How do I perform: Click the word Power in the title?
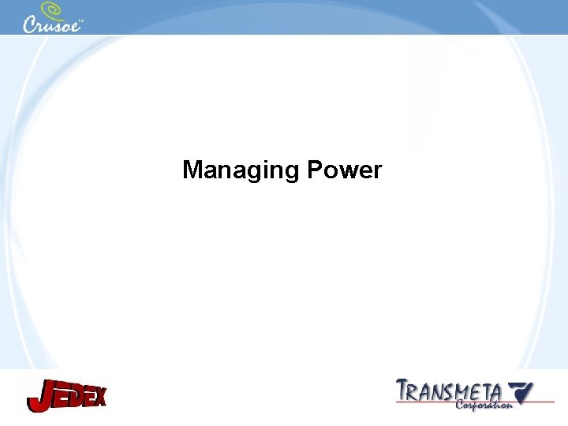pos(346,170)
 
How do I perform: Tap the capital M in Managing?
pos(192,170)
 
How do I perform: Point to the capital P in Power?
pos(316,170)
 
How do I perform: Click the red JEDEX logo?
pos(66,394)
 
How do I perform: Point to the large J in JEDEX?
pos(39,396)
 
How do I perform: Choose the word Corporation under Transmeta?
pos(484,404)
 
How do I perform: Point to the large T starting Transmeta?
pos(404,390)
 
